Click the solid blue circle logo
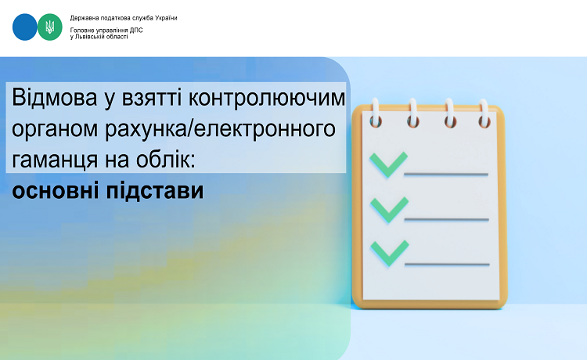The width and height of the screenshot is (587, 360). click(25, 27)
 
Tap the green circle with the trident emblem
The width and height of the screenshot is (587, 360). click(50, 27)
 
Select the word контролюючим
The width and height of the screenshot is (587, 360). click(267, 99)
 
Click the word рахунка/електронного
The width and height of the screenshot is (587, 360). click(220, 129)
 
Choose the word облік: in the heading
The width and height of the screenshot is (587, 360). click(165, 159)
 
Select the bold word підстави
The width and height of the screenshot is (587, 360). click(155, 191)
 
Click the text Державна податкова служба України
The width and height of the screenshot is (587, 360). click(124, 18)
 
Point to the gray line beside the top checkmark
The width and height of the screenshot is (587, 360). click(446, 175)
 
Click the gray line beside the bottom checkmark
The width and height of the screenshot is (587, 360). click(447, 265)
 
